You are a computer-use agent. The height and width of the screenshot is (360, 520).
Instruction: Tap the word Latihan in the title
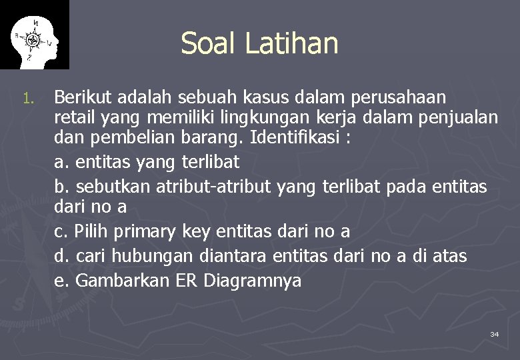(291, 43)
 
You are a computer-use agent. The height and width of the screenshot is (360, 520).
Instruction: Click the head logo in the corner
(34, 35)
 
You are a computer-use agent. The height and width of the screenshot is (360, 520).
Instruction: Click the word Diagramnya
(253, 281)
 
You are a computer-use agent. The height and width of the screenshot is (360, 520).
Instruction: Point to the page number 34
(494, 333)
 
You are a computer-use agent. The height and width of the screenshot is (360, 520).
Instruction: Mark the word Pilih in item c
(91, 232)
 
